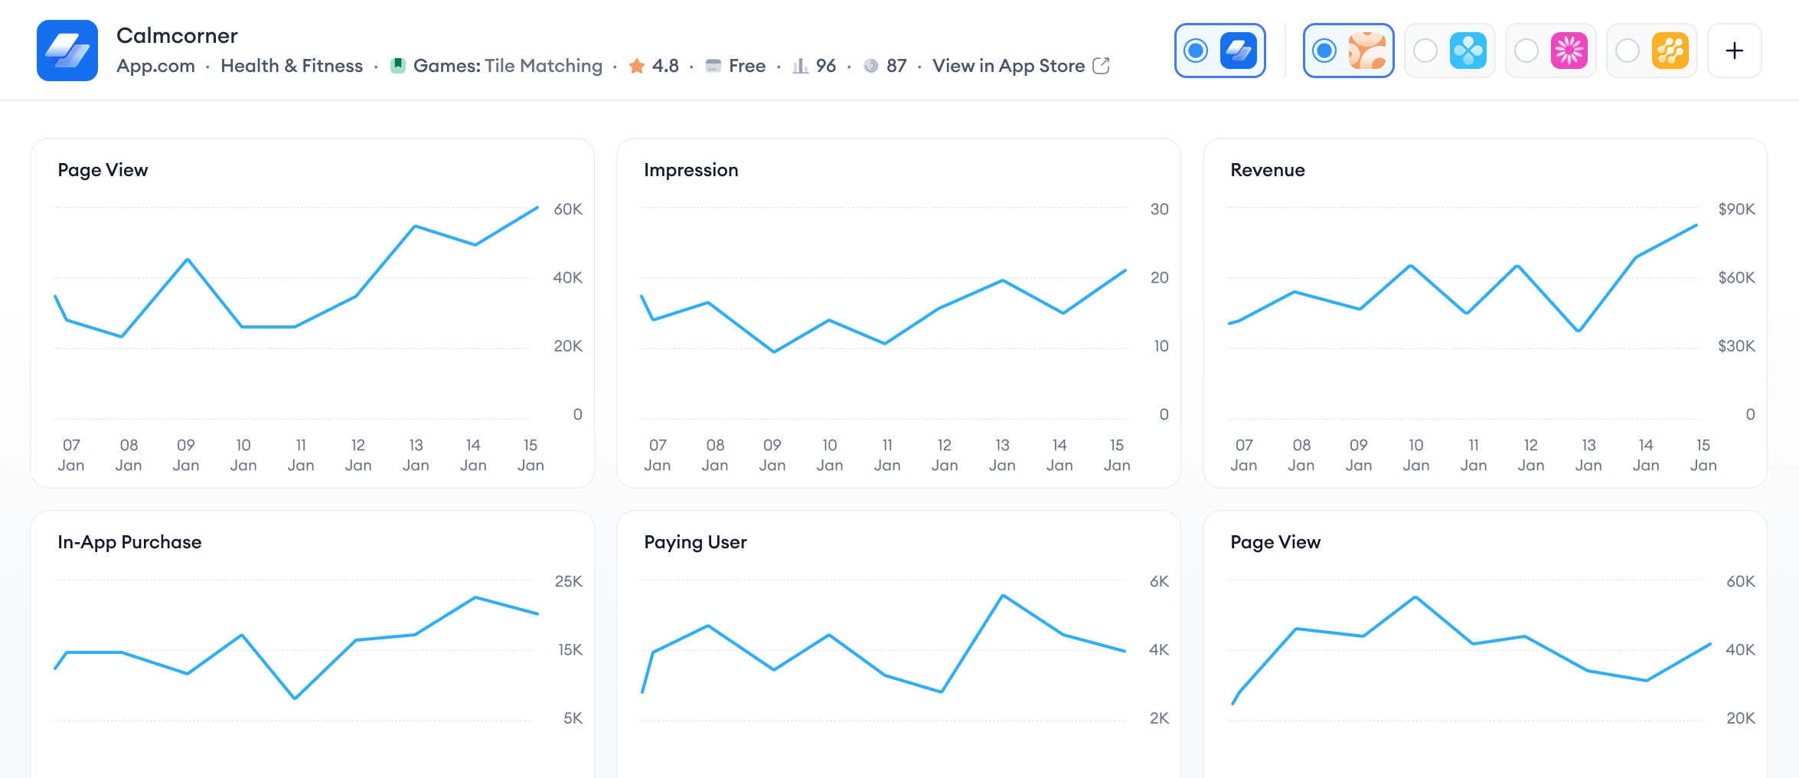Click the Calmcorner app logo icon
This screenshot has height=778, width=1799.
click(x=67, y=51)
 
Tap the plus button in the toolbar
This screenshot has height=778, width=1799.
click(x=1734, y=51)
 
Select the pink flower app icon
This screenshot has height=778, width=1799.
click(x=1569, y=51)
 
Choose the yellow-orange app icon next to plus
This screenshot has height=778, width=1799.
click(x=1670, y=51)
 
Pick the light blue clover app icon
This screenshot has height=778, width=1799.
click(x=1468, y=51)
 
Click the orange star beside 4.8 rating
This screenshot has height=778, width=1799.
click(x=636, y=66)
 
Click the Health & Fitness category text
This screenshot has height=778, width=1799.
click(x=292, y=66)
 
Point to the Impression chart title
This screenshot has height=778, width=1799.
click(x=691, y=170)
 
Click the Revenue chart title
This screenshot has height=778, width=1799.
click(x=1267, y=170)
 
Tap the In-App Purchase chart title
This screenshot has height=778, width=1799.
click(x=129, y=542)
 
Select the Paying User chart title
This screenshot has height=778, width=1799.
click(x=695, y=542)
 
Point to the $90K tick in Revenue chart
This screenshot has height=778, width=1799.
click(x=1735, y=209)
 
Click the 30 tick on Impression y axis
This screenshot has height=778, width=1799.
click(x=1159, y=209)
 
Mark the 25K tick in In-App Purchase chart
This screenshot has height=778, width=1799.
click(x=568, y=581)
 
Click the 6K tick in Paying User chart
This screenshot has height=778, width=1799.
click(x=1159, y=581)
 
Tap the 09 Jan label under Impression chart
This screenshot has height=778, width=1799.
click(x=772, y=455)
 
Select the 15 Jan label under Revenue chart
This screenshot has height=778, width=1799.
click(x=1703, y=455)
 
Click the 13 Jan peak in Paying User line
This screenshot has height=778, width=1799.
click(x=1003, y=596)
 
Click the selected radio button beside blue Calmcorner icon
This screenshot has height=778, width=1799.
click(x=1196, y=51)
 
